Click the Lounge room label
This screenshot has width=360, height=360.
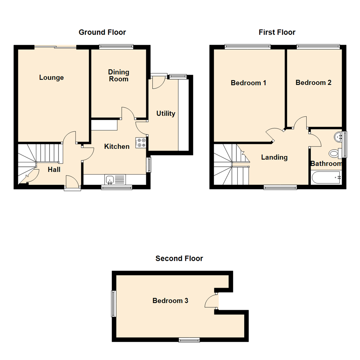coord(51,78)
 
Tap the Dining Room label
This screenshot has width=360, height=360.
coord(119,76)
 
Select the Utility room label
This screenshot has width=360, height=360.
coord(166,114)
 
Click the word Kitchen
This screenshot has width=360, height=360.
coord(117,146)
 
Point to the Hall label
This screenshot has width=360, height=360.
coord(54,170)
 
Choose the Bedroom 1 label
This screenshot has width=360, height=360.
coord(248,83)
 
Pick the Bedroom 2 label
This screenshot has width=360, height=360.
coord(313,82)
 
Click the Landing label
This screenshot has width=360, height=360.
coord(274,157)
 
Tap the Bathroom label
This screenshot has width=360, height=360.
coord(326,164)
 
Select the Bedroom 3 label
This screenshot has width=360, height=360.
coord(170,301)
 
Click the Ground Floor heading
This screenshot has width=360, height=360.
coord(102,32)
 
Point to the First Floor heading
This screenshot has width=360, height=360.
coord(277,32)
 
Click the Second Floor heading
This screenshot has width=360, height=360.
coord(179,258)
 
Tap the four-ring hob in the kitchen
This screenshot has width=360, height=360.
coord(141,143)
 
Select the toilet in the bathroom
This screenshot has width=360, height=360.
coord(334,153)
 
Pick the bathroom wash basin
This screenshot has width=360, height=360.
coord(339,137)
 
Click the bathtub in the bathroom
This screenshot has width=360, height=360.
coord(326,177)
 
